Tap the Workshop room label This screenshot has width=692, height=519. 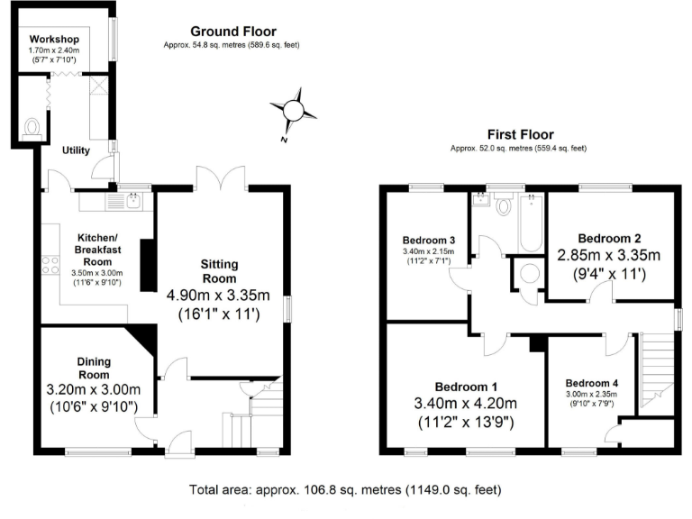pos(54,41)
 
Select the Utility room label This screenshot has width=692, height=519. pos(76,150)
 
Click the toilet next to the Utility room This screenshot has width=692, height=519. pos(33,126)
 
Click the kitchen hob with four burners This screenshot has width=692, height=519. pos(50,266)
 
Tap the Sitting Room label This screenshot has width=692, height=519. pos(220,271)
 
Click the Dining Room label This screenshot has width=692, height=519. pos(94,367)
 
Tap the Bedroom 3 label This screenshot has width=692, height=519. pos(429,240)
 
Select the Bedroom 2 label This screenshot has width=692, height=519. pos(611,238)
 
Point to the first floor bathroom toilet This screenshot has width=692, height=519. pos(505,205)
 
